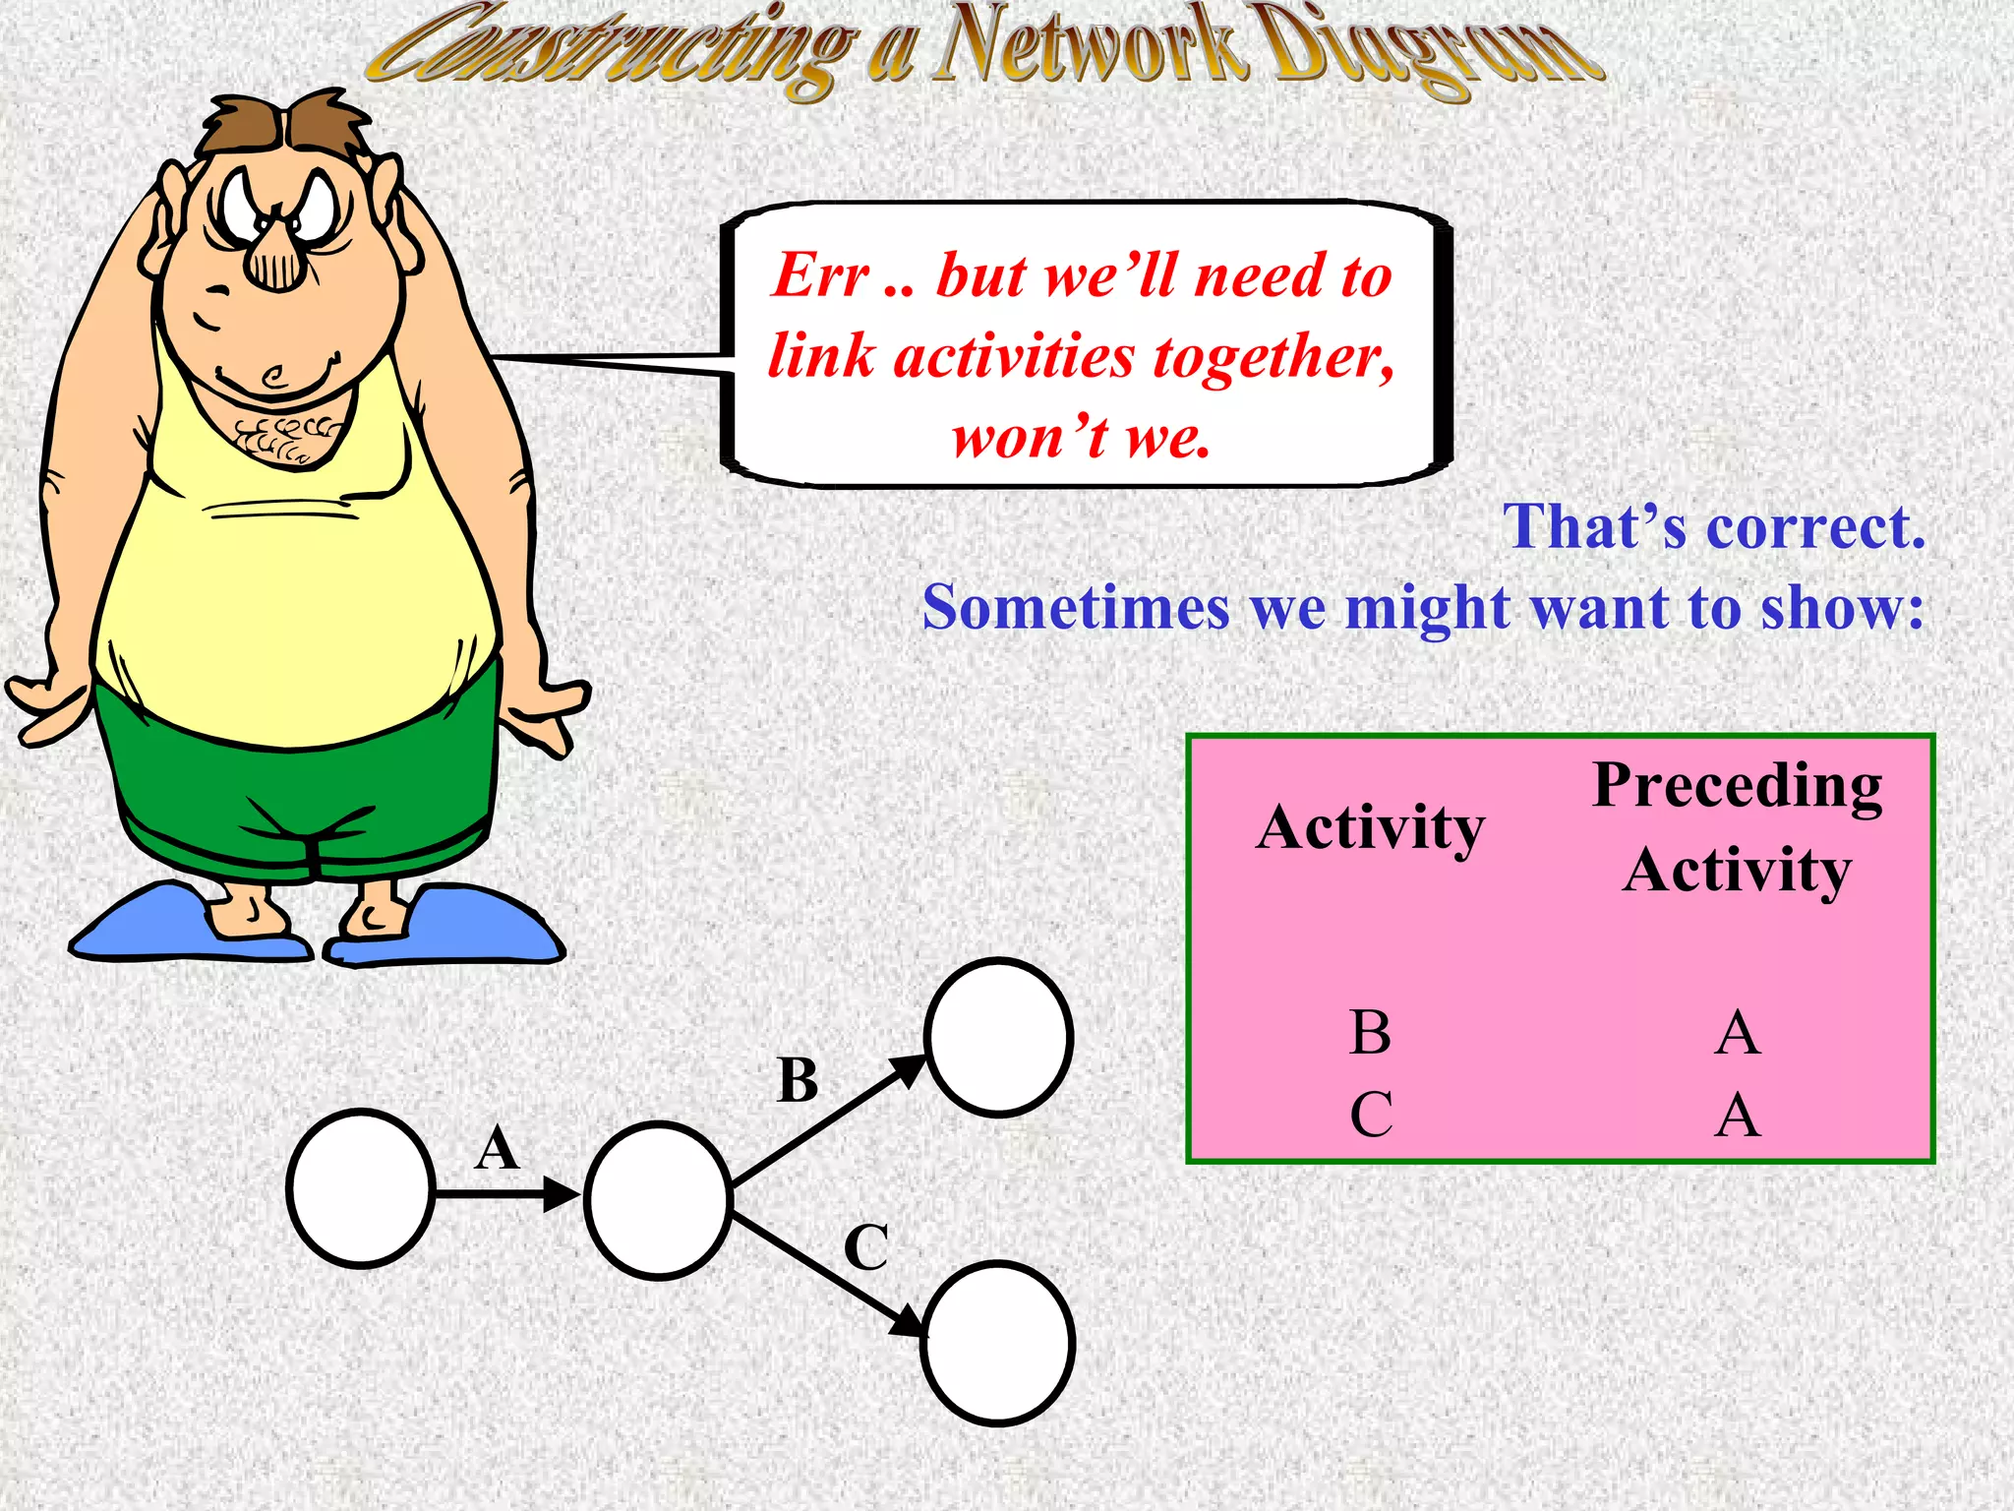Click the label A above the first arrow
497,1148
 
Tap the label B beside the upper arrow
798,1080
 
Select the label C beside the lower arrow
866,1247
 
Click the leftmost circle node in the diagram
361,1188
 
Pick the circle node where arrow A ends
658,1200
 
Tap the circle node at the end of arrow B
998,1037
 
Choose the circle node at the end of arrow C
997,1343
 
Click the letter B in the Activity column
1370,1033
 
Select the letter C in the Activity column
1371,1115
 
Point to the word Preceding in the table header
1737,787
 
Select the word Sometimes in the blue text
1076,608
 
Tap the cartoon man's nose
275,258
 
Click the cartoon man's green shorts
295,787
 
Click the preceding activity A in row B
1737,1033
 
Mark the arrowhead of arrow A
563,1195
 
